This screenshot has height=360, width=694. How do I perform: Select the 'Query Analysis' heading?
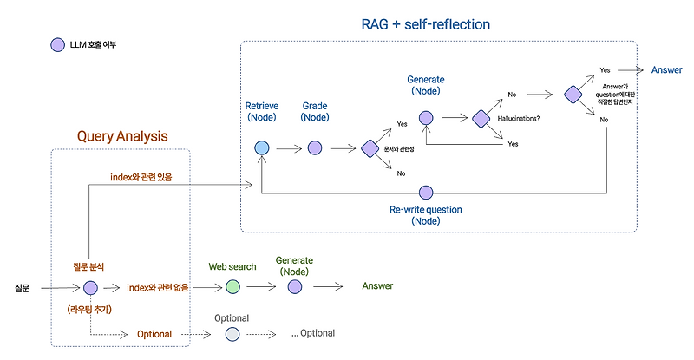(x=122, y=136)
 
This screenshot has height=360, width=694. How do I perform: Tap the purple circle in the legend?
(x=57, y=44)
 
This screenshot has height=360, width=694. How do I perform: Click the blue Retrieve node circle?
(x=261, y=148)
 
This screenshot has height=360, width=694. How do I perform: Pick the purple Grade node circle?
(x=314, y=148)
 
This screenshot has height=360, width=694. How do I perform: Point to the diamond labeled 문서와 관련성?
(x=370, y=148)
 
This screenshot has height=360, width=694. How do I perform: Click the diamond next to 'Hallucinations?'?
(x=481, y=118)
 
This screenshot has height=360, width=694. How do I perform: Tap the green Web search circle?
(x=232, y=286)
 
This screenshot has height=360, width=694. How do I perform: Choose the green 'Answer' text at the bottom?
(x=377, y=286)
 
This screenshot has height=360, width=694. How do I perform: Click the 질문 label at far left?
(x=23, y=287)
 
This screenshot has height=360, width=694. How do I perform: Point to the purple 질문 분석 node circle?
(x=89, y=288)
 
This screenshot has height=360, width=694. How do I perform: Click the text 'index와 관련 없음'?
(x=159, y=287)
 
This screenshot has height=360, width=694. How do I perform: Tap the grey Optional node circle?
(x=232, y=334)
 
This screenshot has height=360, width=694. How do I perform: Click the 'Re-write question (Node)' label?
(x=426, y=215)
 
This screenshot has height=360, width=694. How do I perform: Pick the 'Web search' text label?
(x=232, y=266)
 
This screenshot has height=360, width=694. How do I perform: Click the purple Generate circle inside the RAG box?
(x=426, y=118)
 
